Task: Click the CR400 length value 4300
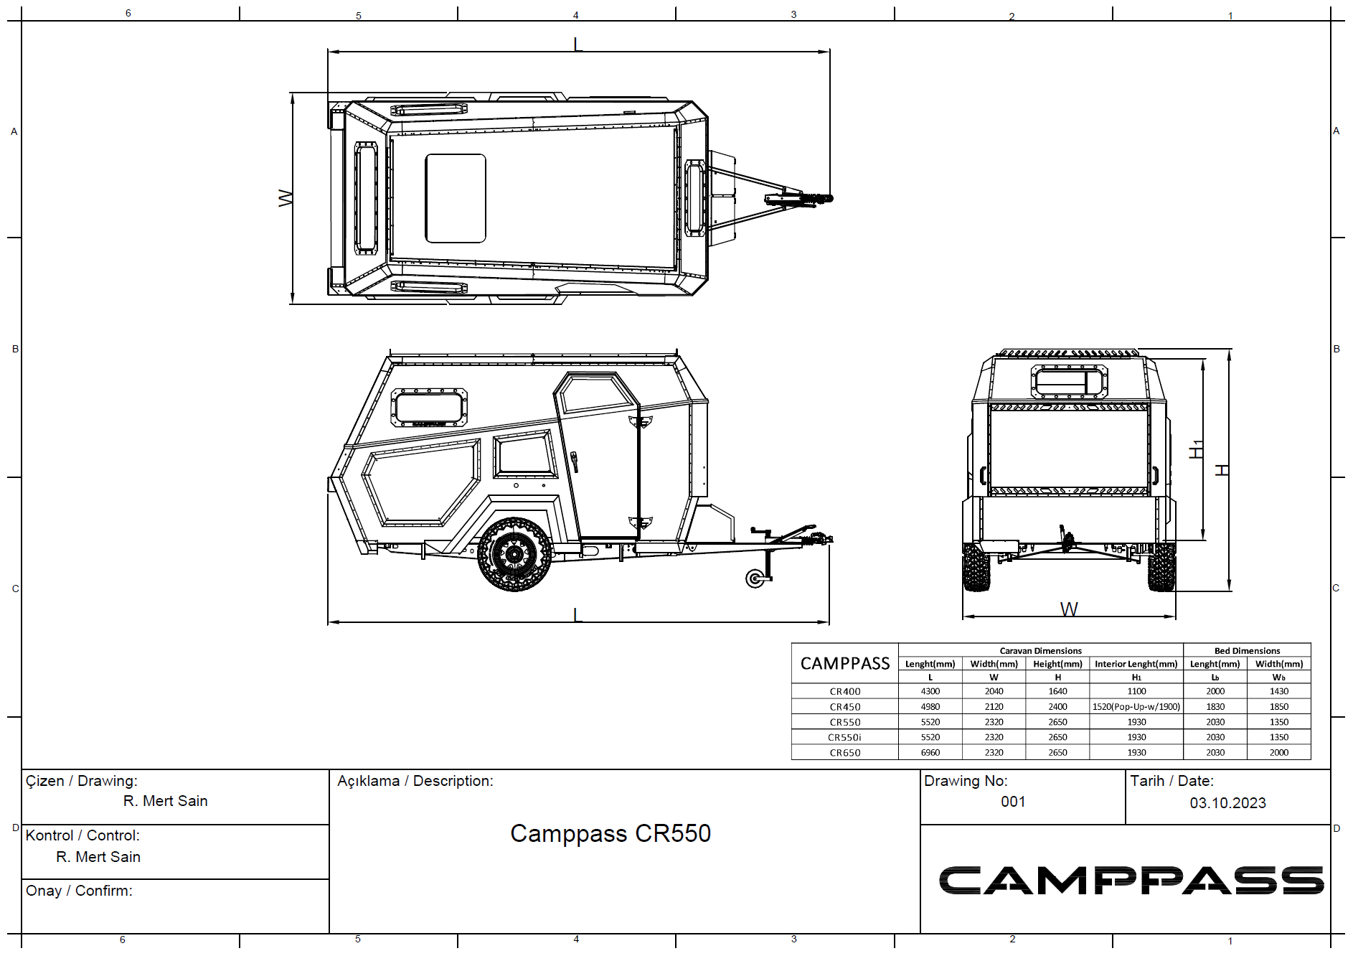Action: [x=930, y=691]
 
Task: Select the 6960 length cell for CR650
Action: [x=930, y=752]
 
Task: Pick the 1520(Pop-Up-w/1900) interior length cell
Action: [x=1136, y=706]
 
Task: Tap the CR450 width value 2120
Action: [x=994, y=706]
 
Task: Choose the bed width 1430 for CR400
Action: [x=1278, y=691]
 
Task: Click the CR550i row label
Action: [x=844, y=737]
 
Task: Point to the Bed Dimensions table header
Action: [x=1247, y=651]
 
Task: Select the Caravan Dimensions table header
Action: [x=1040, y=651]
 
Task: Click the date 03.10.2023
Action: [x=1227, y=803]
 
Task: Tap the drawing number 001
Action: [x=1013, y=802]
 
